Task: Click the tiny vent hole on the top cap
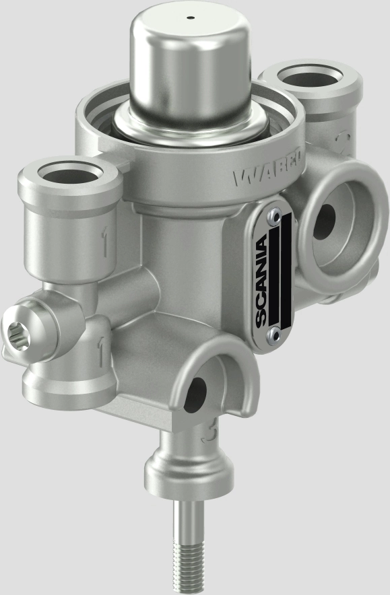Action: coord(190,17)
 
